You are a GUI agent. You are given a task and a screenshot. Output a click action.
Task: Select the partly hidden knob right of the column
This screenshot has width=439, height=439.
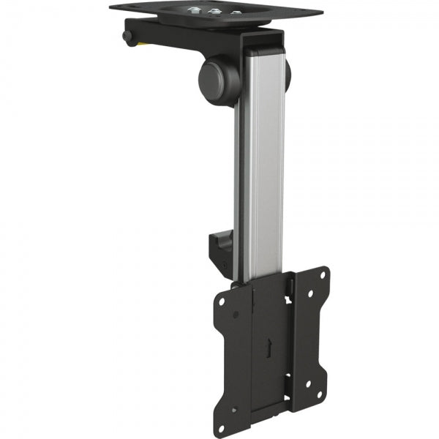pos(288,71)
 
